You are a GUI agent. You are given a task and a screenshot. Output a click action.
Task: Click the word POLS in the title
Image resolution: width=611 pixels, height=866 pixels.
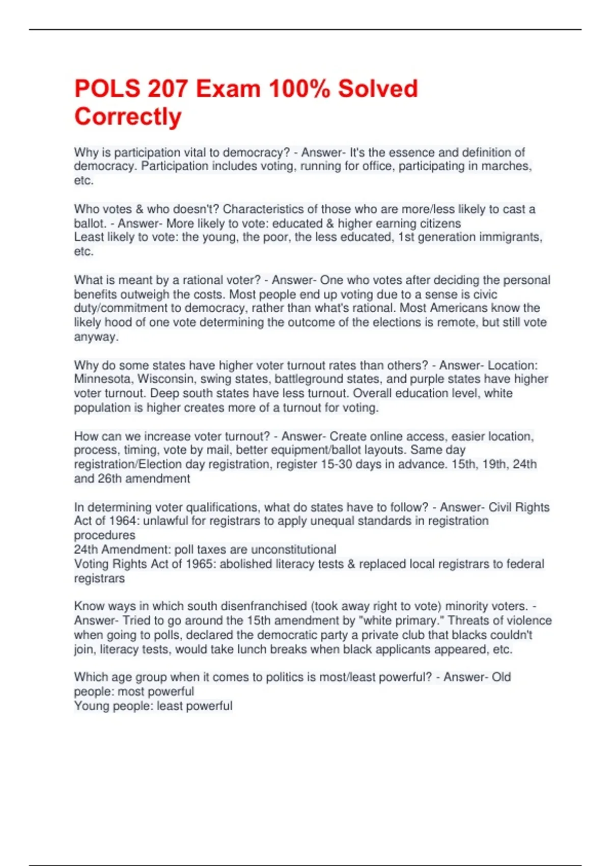[107, 89]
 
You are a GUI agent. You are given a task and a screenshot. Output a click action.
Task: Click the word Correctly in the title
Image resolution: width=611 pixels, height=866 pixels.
[128, 117]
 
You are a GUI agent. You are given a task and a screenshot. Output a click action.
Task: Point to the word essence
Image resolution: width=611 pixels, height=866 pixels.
[411, 152]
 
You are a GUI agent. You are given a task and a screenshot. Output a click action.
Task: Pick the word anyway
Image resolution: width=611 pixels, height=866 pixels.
[96, 337]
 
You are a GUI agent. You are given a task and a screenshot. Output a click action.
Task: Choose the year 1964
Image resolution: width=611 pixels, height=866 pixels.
[122, 521]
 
